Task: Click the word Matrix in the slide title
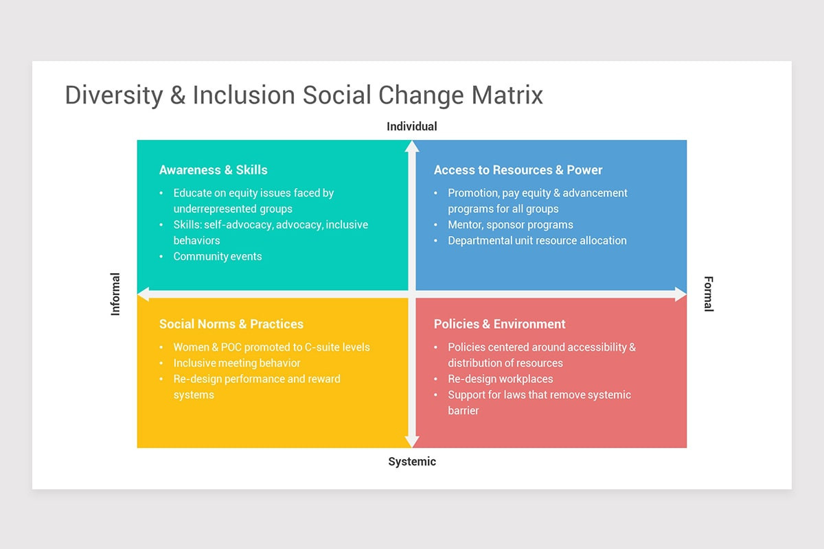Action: pyautogui.click(x=507, y=95)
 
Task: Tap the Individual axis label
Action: pyautogui.click(x=412, y=126)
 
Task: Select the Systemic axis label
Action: pyautogui.click(x=412, y=461)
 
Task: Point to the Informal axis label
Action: pyautogui.click(x=115, y=294)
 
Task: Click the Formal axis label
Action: pyautogui.click(x=709, y=294)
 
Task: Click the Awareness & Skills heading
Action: pyautogui.click(x=214, y=170)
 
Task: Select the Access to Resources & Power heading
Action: pyautogui.click(x=518, y=170)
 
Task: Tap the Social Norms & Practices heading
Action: pyautogui.click(x=231, y=324)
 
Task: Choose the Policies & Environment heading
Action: pyautogui.click(x=500, y=324)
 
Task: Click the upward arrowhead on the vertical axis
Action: pyautogui.click(x=412, y=146)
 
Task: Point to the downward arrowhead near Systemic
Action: pyautogui.click(x=412, y=442)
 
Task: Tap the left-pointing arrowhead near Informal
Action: pyautogui.click(x=144, y=294)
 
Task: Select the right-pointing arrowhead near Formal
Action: pyautogui.click(x=680, y=294)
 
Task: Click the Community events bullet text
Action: pyautogui.click(x=218, y=256)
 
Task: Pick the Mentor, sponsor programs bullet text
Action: pyautogui.click(x=511, y=224)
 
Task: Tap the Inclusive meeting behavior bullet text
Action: pyautogui.click(x=237, y=363)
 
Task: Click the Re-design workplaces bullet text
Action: pyautogui.click(x=501, y=379)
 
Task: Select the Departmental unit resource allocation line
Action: pyautogui.click(x=537, y=240)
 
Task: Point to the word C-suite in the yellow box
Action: pyautogui.click(x=320, y=347)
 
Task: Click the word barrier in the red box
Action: pyautogui.click(x=463, y=410)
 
